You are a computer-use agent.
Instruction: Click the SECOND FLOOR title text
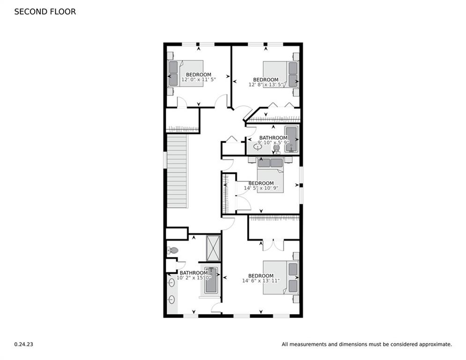[45, 12]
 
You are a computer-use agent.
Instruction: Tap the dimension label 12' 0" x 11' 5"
[198, 80]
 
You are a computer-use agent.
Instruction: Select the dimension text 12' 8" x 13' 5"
[266, 85]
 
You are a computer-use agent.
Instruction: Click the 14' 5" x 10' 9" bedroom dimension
[261, 188]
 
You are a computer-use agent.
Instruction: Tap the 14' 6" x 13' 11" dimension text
[260, 281]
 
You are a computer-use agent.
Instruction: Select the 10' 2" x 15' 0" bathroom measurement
[193, 278]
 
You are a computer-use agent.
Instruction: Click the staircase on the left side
[178, 171]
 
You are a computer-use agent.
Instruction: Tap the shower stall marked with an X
[214, 247]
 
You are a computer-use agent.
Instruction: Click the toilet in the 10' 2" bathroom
[173, 251]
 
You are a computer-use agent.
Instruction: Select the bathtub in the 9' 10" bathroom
[291, 139]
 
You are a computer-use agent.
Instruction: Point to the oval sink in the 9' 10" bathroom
[258, 147]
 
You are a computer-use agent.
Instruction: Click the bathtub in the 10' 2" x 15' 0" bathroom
[211, 280]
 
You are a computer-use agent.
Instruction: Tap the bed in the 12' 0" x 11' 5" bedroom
[185, 74]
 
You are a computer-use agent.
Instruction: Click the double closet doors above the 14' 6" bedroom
[273, 245]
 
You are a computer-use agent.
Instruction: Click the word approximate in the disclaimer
[435, 344]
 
